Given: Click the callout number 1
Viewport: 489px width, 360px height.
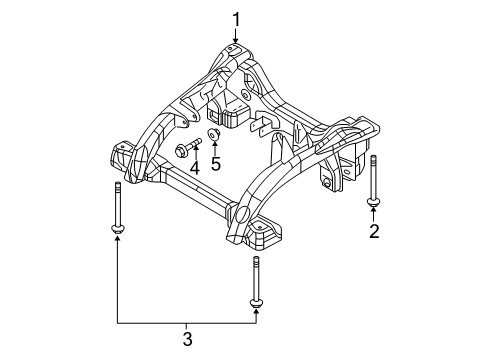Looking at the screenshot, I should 237,18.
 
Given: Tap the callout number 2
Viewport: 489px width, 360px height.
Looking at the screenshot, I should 374,234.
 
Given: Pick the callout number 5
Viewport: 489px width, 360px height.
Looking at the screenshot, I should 216,162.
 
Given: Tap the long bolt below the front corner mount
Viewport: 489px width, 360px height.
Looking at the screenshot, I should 255,280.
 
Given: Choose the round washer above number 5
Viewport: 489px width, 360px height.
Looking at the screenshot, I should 214,132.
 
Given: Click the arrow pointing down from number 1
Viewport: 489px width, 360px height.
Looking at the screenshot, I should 237,36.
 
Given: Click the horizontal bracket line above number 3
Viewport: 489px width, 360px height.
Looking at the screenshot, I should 186,325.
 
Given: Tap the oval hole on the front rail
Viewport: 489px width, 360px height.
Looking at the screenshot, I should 241,213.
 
